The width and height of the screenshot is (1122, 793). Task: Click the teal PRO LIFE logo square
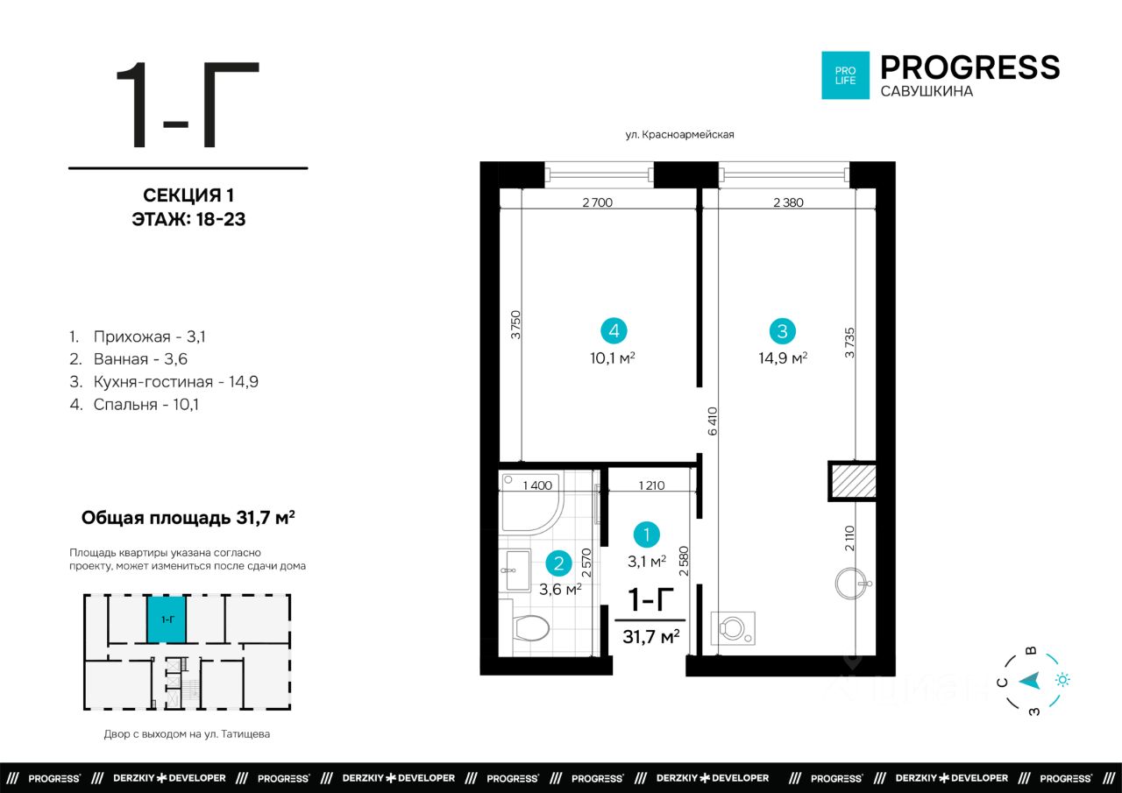[x=845, y=75]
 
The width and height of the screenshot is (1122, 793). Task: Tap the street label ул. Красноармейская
[x=679, y=134]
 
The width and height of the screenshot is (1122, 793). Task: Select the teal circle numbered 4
[x=614, y=331]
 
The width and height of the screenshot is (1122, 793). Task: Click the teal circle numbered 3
[x=783, y=331]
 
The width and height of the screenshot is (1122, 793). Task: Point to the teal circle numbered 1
[x=647, y=535]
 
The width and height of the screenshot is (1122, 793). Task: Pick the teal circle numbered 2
[x=559, y=563]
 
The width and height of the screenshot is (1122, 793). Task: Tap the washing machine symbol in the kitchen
[x=733, y=627]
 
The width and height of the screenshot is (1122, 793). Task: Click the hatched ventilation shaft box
[x=853, y=480]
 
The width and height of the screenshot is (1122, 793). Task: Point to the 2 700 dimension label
[x=598, y=202]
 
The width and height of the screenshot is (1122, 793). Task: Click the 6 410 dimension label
[x=713, y=421]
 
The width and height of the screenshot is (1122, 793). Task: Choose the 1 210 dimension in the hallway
[x=651, y=485]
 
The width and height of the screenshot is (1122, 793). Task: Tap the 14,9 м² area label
[x=783, y=358]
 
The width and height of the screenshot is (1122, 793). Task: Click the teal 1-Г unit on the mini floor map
[x=167, y=620]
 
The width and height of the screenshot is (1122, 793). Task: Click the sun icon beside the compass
[x=1062, y=680]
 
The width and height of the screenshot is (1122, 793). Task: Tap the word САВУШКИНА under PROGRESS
[x=927, y=91]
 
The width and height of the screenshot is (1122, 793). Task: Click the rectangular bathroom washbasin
[x=516, y=570]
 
